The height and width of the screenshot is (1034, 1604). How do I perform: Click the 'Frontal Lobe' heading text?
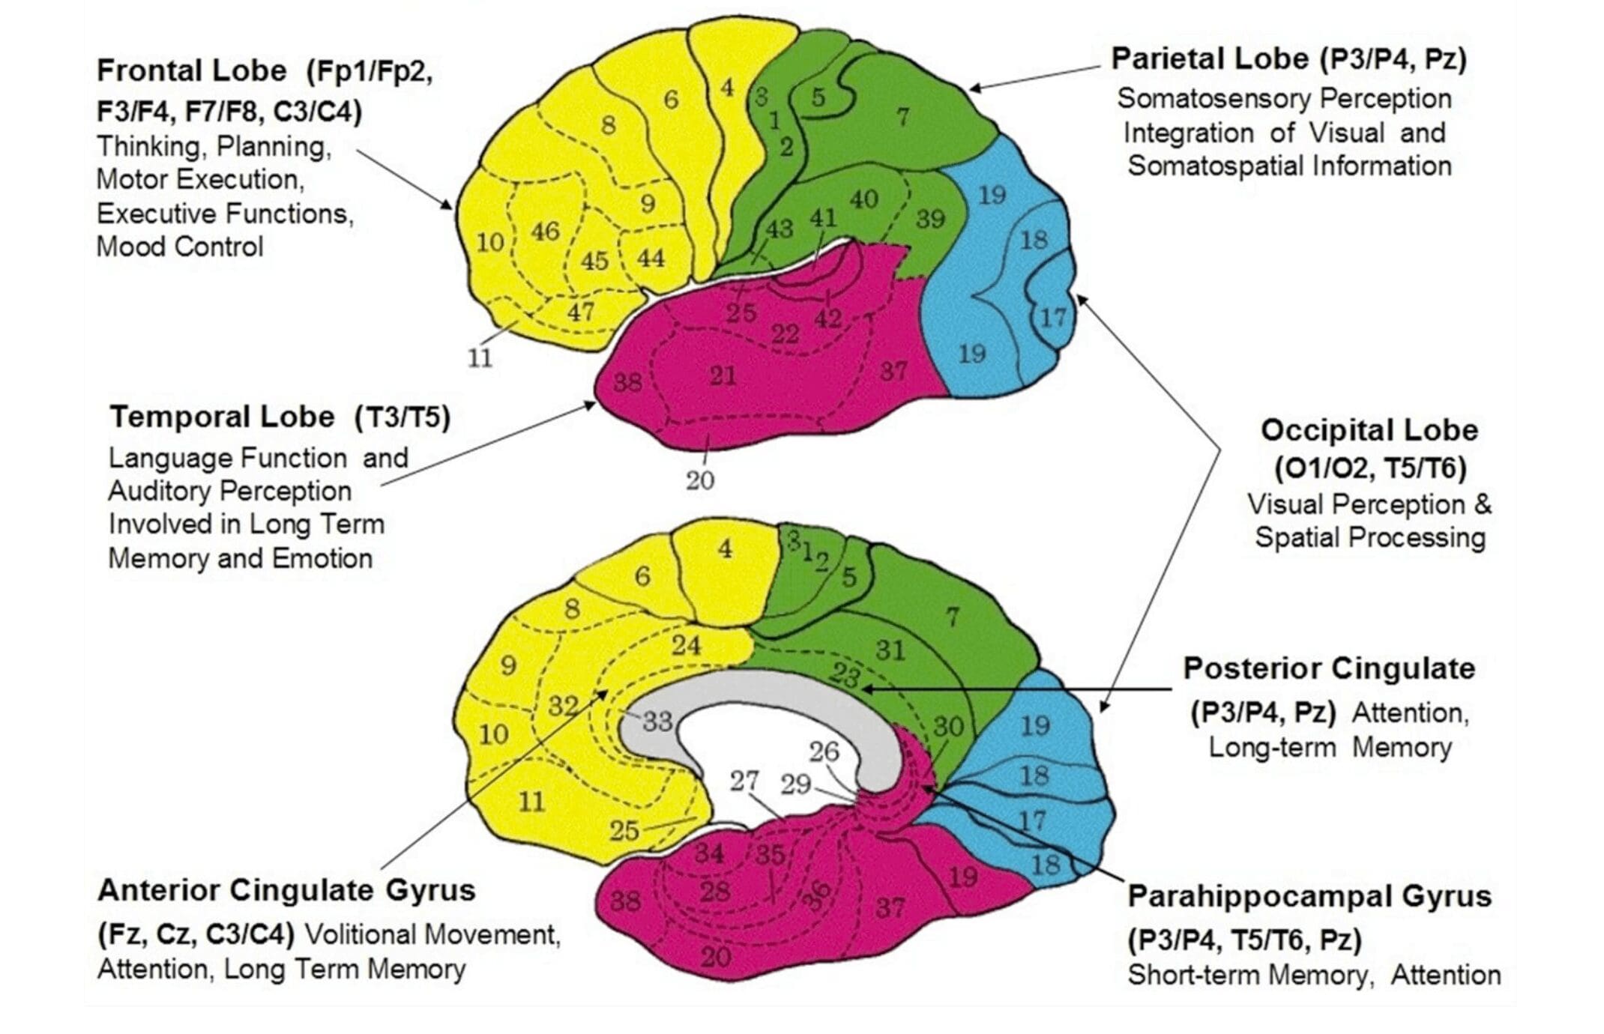pos(192,71)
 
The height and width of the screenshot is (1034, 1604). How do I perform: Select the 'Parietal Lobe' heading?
pos(1209,58)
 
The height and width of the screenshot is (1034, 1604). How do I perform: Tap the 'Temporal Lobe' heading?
pos(223,417)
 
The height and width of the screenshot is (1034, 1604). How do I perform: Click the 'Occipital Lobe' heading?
pos(1369,430)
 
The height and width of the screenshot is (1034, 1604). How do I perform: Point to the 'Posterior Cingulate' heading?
pos(1328,668)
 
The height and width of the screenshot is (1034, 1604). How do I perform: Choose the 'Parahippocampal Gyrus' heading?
pos(1309,896)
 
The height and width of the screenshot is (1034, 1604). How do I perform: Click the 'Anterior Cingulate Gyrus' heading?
pos(286,890)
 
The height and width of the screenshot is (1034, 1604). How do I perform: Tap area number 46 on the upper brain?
pos(545,231)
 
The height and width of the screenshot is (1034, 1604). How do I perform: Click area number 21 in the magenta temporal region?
pos(723,375)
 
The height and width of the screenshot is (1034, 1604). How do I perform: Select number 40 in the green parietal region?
pos(863,199)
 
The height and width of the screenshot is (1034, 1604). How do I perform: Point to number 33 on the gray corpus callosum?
pos(657,722)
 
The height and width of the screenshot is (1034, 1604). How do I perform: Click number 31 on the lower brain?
pos(890,650)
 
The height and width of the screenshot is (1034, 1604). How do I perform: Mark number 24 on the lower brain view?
pos(685,645)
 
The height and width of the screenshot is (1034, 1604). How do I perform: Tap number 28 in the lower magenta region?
pos(714,891)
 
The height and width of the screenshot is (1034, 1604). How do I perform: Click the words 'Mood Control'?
pos(180,247)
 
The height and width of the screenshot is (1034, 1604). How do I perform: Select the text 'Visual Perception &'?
pos(1369,504)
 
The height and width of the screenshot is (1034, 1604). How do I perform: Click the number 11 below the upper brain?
pos(480,358)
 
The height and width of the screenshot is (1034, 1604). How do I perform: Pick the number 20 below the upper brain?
pos(700,480)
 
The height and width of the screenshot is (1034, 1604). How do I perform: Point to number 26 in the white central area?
pos(824,752)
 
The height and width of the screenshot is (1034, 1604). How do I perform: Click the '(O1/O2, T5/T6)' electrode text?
pos(1370,468)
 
